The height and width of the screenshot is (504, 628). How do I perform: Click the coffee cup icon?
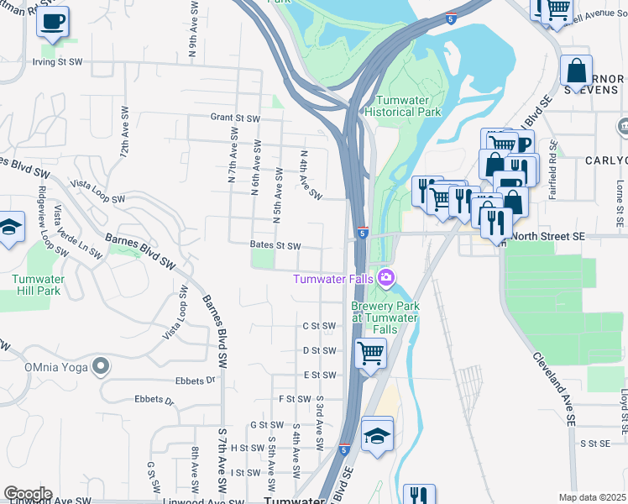[54, 21]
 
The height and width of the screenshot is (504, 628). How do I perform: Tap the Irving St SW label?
[58, 62]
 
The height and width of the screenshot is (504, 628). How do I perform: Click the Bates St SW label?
[275, 246]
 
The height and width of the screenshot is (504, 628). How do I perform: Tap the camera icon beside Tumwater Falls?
[385, 277]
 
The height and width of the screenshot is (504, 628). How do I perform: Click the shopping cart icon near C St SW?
[370, 353]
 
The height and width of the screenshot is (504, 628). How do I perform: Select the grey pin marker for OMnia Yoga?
[101, 365]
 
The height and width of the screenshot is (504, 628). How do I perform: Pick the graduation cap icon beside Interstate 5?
[378, 434]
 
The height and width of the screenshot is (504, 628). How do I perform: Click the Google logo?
[28, 494]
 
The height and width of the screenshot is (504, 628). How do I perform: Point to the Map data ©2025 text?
[591, 497]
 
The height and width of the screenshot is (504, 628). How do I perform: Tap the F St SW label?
[295, 399]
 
